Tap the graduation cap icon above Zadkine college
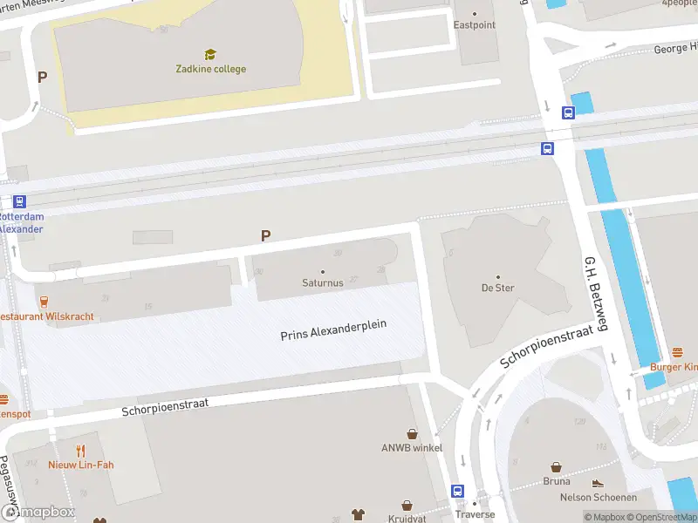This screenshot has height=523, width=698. (209, 54)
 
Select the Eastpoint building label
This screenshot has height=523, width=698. (474, 25)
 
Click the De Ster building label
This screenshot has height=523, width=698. (497, 288)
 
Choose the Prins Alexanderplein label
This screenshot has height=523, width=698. (333, 329)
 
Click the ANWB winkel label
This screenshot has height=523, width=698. (412, 448)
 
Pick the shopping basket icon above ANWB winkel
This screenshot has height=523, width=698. (412, 433)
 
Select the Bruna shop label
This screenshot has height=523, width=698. (556, 480)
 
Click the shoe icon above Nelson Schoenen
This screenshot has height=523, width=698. (598, 483)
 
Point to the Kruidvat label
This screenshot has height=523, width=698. (406, 518)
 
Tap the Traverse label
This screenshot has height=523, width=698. (476, 514)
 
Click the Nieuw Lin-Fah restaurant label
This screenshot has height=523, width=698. (80, 465)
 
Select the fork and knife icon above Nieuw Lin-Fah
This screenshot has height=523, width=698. (80, 450)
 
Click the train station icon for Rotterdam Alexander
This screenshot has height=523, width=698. (19, 201)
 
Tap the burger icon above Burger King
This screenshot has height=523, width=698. (678, 352)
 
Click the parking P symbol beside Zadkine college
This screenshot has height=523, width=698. (42, 77)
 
